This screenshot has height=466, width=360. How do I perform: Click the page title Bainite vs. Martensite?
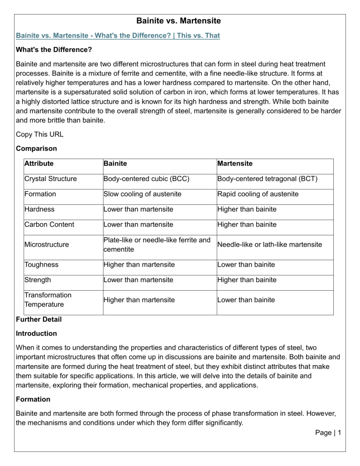click(180, 21)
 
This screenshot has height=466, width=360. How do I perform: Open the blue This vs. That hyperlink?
click(118, 36)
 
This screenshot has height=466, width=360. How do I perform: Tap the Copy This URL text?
click(39, 135)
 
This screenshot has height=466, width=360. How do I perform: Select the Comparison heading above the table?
click(36, 149)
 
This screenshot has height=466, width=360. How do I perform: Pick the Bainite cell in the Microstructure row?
click(157, 244)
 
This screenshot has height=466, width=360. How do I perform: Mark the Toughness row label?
click(43, 264)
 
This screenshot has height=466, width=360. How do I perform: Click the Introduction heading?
click(36, 333)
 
